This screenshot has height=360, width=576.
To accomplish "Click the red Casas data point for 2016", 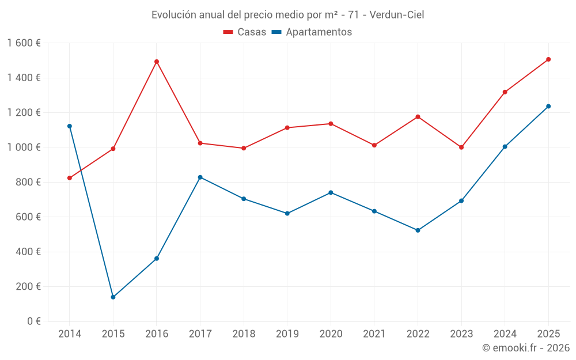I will (x=157, y=62).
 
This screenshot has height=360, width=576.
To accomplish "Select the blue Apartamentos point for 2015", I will (x=113, y=297).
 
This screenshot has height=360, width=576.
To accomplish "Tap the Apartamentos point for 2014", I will (x=70, y=126).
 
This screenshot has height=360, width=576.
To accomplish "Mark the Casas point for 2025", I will (x=548, y=59).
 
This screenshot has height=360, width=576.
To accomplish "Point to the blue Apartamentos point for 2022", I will (x=418, y=230).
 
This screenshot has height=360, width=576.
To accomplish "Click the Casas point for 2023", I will (x=461, y=147).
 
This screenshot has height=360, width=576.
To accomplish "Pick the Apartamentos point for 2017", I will (x=200, y=177).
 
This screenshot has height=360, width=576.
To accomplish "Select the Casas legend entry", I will (x=245, y=32).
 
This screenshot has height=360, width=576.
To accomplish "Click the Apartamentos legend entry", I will (x=312, y=32).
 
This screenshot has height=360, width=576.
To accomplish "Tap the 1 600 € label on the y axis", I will (x=24, y=43).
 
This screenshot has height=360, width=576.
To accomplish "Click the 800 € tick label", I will (x=26, y=182).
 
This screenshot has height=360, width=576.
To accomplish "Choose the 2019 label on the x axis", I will (x=287, y=334).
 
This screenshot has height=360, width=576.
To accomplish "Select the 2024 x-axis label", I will (x=505, y=334).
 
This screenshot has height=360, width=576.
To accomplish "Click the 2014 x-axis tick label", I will (x=70, y=334).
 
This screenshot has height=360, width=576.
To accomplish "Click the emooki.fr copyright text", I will (x=525, y=348).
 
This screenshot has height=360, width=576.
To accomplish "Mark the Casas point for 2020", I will (x=331, y=124).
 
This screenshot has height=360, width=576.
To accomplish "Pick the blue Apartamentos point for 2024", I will (x=505, y=147).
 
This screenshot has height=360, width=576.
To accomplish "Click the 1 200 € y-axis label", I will (x=24, y=113).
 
